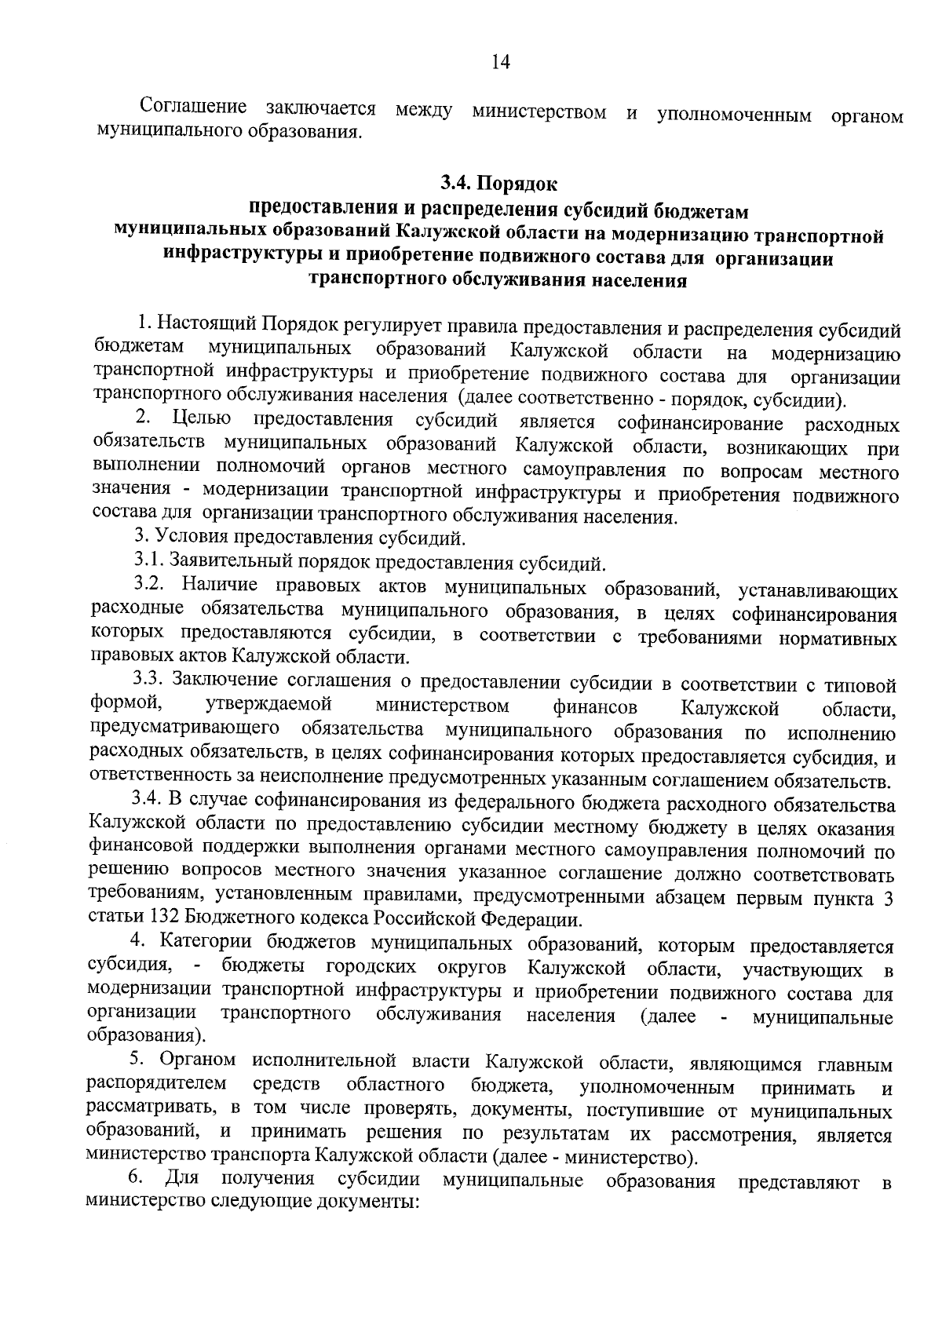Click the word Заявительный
coord(224,562)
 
